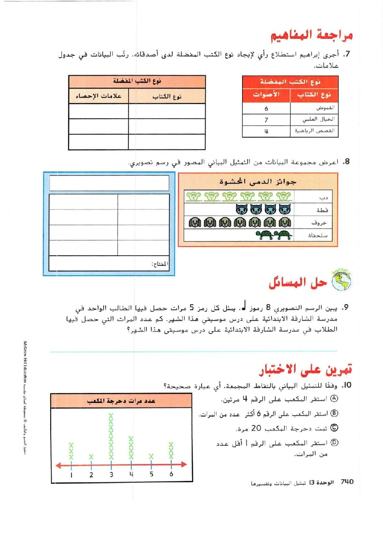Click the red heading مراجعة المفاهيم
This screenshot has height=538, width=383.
[x=312, y=35]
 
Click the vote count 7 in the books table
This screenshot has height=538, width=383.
[x=266, y=120]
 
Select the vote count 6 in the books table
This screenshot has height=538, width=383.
[x=266, y=109]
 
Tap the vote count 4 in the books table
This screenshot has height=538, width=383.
[x=266, y=131]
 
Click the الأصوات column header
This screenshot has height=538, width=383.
[x=266, y=95]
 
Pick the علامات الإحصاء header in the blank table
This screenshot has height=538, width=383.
[x=99, y=96]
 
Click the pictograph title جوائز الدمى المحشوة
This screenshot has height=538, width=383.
[x=258, y=182]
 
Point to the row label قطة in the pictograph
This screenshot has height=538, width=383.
[x=322, y=210]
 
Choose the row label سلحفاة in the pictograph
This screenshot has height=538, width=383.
[x=318, y=235]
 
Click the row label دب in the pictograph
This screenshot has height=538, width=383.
[x=323, y=198]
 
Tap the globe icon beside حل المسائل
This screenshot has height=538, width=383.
[x=341, y=281]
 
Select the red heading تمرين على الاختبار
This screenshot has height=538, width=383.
[x=305, y=369]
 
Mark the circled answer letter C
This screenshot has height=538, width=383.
[x=334, y=428]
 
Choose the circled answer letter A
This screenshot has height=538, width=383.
[x=334, y=399]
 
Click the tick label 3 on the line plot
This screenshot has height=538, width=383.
[x=111, y=475]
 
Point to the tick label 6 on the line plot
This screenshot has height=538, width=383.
[x=171, y=474]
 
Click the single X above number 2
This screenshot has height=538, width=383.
[x=91, y=457]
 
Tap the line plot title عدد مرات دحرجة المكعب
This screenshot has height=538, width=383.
[x=121, y=401]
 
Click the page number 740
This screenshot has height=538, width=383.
[x=347, y=482]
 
